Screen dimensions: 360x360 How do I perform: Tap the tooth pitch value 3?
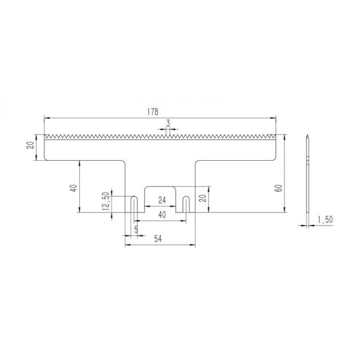pyautogui.click(x=169, y=123)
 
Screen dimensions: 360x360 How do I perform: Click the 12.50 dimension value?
pyautogui.click(x=106, y=201)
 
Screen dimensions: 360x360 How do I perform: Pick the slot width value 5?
pyautogui.click(x=136, y=230)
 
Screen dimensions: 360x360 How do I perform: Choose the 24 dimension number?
pyautogui.click(x=161, y=200)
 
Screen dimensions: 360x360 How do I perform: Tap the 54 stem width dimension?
pyautogui.click(x=160, y=239)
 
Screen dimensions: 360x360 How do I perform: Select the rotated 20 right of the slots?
pyautogui.click(x=202, y=199)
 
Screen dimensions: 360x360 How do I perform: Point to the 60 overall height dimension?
pyautogui.click(x=278, y=187)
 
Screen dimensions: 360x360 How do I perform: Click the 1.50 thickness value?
pyautogui.click(x=325, y=220)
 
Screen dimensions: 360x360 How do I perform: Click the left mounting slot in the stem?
pyautogui.click(x=134, y=205)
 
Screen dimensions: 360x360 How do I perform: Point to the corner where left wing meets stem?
pyautogui.click(x=124, y=160)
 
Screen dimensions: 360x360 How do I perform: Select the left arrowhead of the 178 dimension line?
pyautogui.click(x=47, y=117)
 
